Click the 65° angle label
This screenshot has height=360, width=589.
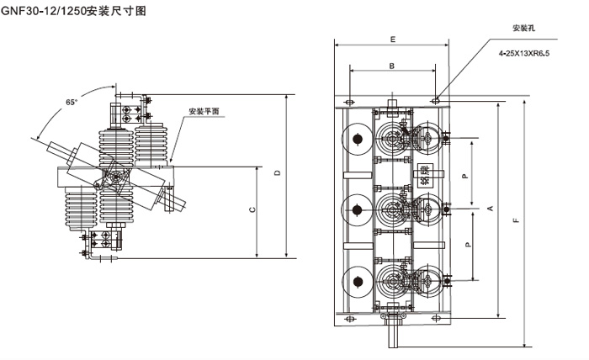72,103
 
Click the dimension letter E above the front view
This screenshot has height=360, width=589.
392,40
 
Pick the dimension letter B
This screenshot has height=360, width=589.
392,66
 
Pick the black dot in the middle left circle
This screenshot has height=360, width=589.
357,209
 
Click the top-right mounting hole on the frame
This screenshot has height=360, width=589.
436,100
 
